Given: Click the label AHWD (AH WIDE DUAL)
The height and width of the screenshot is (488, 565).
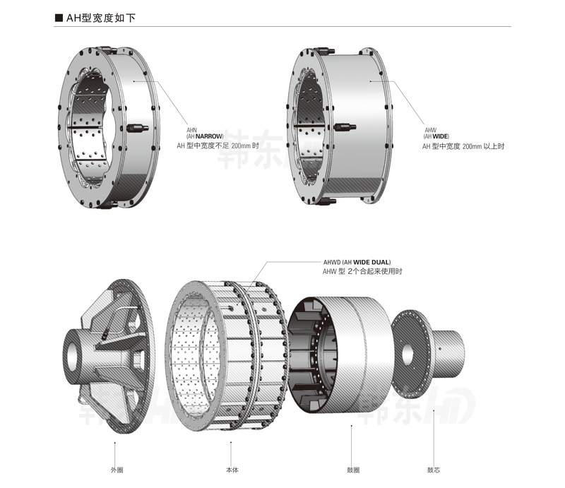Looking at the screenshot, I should point(356,262).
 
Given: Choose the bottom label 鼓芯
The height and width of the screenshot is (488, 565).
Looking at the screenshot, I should point(434,469).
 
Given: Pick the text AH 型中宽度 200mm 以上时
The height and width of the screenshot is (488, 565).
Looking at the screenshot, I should point(463,146).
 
